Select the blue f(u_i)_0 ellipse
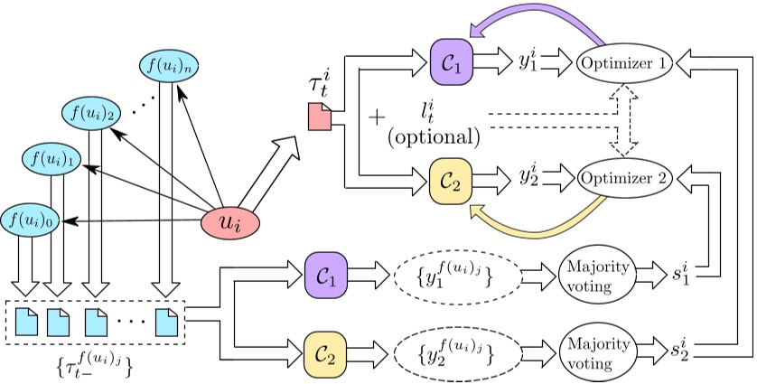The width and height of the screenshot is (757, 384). pyautogui.click(x=29, y=219)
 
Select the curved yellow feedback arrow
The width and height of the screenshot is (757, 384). pyautogui.click(x=542, y=218)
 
